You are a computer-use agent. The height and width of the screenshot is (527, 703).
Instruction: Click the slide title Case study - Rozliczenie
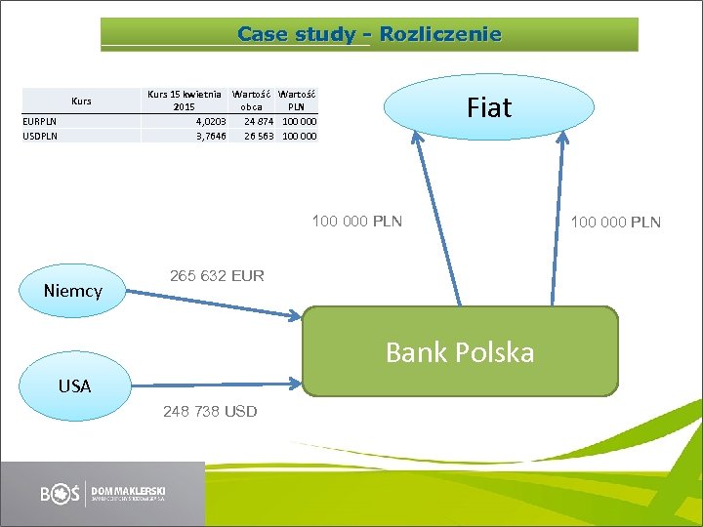[x=369, y=35]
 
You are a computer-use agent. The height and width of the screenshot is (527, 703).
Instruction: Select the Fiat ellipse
[x=488, y=106]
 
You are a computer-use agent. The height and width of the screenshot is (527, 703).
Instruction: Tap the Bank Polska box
[x=460, y=351]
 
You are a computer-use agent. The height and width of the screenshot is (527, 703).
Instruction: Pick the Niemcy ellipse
[x=73, y=290]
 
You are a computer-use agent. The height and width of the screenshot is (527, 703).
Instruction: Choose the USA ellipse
[x=74, y=385]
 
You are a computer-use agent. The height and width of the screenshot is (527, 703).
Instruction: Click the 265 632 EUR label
[x=217, y=275]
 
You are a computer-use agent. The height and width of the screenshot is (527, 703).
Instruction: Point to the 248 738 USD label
[x=210, y=411]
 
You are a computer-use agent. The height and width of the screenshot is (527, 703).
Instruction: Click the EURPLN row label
[x=40, y=121]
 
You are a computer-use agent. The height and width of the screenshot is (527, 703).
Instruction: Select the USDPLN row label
[x=40, y=136]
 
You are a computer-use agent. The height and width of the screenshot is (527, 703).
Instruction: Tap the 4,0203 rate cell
[x=210, y=121]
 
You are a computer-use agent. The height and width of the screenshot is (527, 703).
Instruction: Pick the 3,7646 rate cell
[x=210, y=136]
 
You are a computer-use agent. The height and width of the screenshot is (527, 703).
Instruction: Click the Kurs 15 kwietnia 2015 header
[x=184, y=100]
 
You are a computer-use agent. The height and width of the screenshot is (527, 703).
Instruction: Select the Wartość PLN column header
[x=297, y=100]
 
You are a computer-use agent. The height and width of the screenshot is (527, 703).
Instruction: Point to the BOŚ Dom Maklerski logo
[x=103, y=494]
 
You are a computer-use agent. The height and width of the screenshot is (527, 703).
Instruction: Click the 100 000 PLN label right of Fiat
[x=616, y=223]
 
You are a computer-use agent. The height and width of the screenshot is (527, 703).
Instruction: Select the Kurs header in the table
[x=81, y=101]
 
